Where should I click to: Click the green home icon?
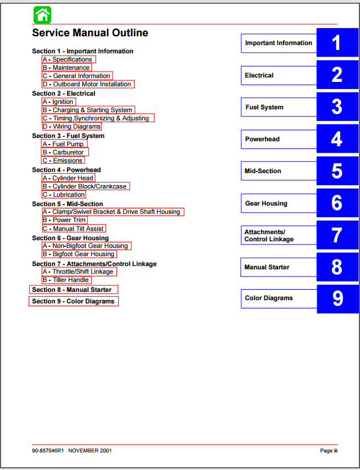[42, 15]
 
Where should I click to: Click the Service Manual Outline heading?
[90, 33]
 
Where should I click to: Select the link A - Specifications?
[69, 59]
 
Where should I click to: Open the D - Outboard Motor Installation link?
[88, 84]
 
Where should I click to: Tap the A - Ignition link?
[59, 102]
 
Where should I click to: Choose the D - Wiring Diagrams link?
[72, 126]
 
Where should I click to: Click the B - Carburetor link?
[65, 152]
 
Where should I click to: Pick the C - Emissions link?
[63, 161]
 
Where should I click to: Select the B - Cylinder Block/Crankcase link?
[86, 186]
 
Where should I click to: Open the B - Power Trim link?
[65, 220]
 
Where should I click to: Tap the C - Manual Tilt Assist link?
[74, 229]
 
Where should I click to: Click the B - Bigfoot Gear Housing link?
[79, 254]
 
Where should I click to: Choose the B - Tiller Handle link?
[67, 280]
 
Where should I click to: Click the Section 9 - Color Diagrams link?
[74, 301]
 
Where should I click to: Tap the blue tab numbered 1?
[337, 42]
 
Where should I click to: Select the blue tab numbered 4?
[337, 139]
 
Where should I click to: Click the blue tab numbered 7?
[337, 235]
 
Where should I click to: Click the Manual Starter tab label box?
[279, 267]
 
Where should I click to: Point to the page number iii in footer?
[335, 451]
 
